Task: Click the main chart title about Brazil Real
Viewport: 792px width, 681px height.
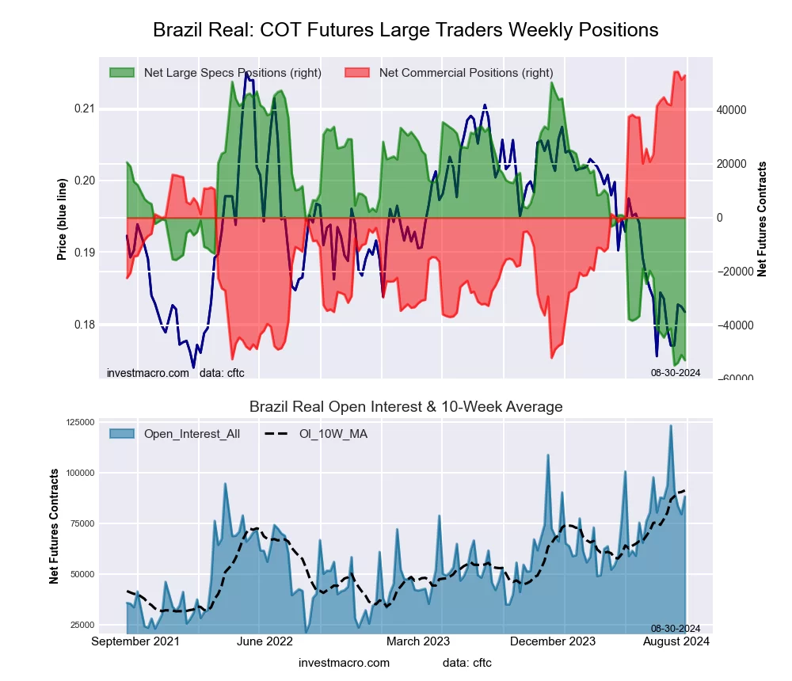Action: [x=405, y=30]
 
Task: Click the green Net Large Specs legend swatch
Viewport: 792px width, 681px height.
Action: [x=123, y=73]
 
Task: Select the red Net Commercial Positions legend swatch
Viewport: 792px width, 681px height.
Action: [x=358, y=73]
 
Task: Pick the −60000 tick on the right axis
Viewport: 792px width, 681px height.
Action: [x=733, y=379]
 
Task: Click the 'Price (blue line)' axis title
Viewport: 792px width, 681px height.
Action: [x=62, y=217]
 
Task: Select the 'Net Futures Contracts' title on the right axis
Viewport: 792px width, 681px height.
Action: [x=763, y=219]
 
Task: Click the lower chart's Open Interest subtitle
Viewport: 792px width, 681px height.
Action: [x=406, y=407]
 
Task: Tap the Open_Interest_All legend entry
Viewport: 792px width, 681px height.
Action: [x=191, y=434]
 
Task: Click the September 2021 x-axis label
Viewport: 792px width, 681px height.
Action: [x=135, y=641]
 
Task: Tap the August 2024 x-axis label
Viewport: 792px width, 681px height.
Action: [x=675, y=641]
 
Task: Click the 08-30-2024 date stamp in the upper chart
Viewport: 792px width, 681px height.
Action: [x=675, y=372]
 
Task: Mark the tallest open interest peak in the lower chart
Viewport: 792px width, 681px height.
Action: [x=671, y=426]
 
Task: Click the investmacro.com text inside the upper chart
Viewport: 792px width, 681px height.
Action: [x=148, y=372]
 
